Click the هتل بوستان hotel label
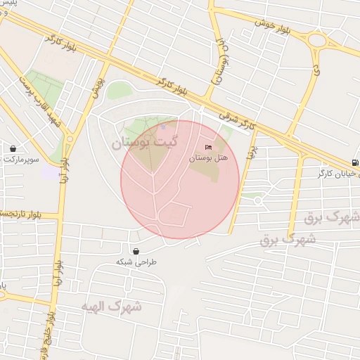point(205,158)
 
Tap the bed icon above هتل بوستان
point(207,147)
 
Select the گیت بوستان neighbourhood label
point(144,143)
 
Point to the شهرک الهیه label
point(111,307)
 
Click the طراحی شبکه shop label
point(136,262)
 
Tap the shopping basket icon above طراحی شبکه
point(135,250)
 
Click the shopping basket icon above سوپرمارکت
point(13,148)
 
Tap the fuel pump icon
point(355,163)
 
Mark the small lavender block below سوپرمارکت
point(51,172)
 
